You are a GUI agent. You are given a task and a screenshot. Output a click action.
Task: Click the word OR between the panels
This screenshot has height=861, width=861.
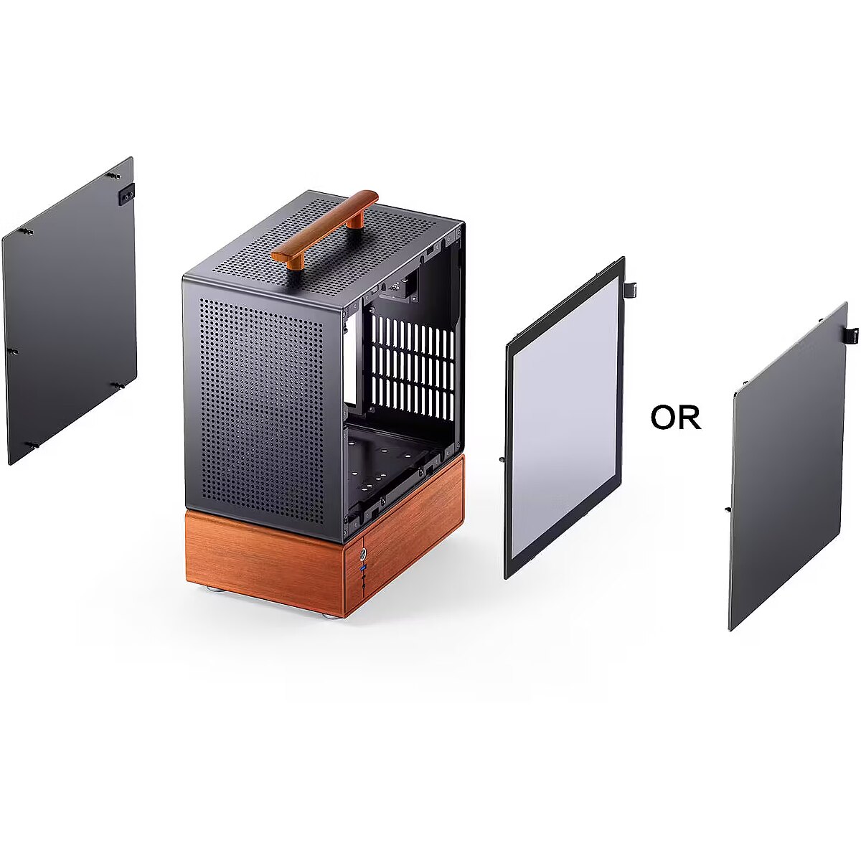coord(676,418)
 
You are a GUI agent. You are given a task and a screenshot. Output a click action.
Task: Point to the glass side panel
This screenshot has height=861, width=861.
coord(564,418)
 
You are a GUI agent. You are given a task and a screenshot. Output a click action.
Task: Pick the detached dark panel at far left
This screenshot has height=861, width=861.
coord(70,311)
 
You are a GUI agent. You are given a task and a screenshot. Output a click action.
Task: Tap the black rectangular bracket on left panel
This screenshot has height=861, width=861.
coord(126,194)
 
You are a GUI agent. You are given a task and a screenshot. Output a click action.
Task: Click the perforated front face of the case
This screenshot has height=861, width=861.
coord(263,409)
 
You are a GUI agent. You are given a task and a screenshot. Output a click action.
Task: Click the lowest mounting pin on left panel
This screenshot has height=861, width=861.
coord(34,445)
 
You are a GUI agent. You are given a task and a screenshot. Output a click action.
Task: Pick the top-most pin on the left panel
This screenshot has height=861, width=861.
coord(113,176)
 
